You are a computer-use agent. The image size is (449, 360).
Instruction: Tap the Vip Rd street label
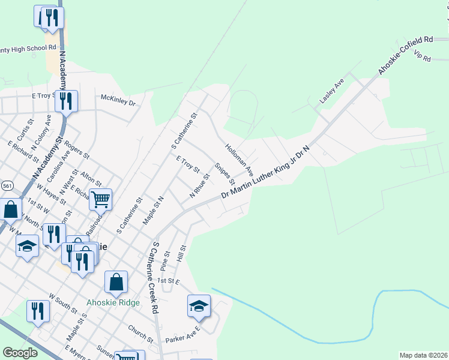tap(423, 58)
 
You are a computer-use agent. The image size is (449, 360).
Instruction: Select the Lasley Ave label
tap(331, 91)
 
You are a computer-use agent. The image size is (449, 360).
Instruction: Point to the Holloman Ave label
tap(240, 159)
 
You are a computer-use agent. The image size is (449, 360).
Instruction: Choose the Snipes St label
tap(224, 173)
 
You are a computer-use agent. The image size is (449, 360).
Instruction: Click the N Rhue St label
tap(199, 186)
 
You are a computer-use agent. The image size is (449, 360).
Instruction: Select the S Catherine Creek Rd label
tap(155, 278)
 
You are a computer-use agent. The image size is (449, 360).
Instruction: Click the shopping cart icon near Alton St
tap(100, 199)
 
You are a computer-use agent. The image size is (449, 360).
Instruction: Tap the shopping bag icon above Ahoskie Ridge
tap(116, 281)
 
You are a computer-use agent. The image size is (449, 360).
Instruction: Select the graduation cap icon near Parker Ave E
tap(199, 306)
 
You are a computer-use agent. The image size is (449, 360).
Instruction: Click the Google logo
tap(20, 353)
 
